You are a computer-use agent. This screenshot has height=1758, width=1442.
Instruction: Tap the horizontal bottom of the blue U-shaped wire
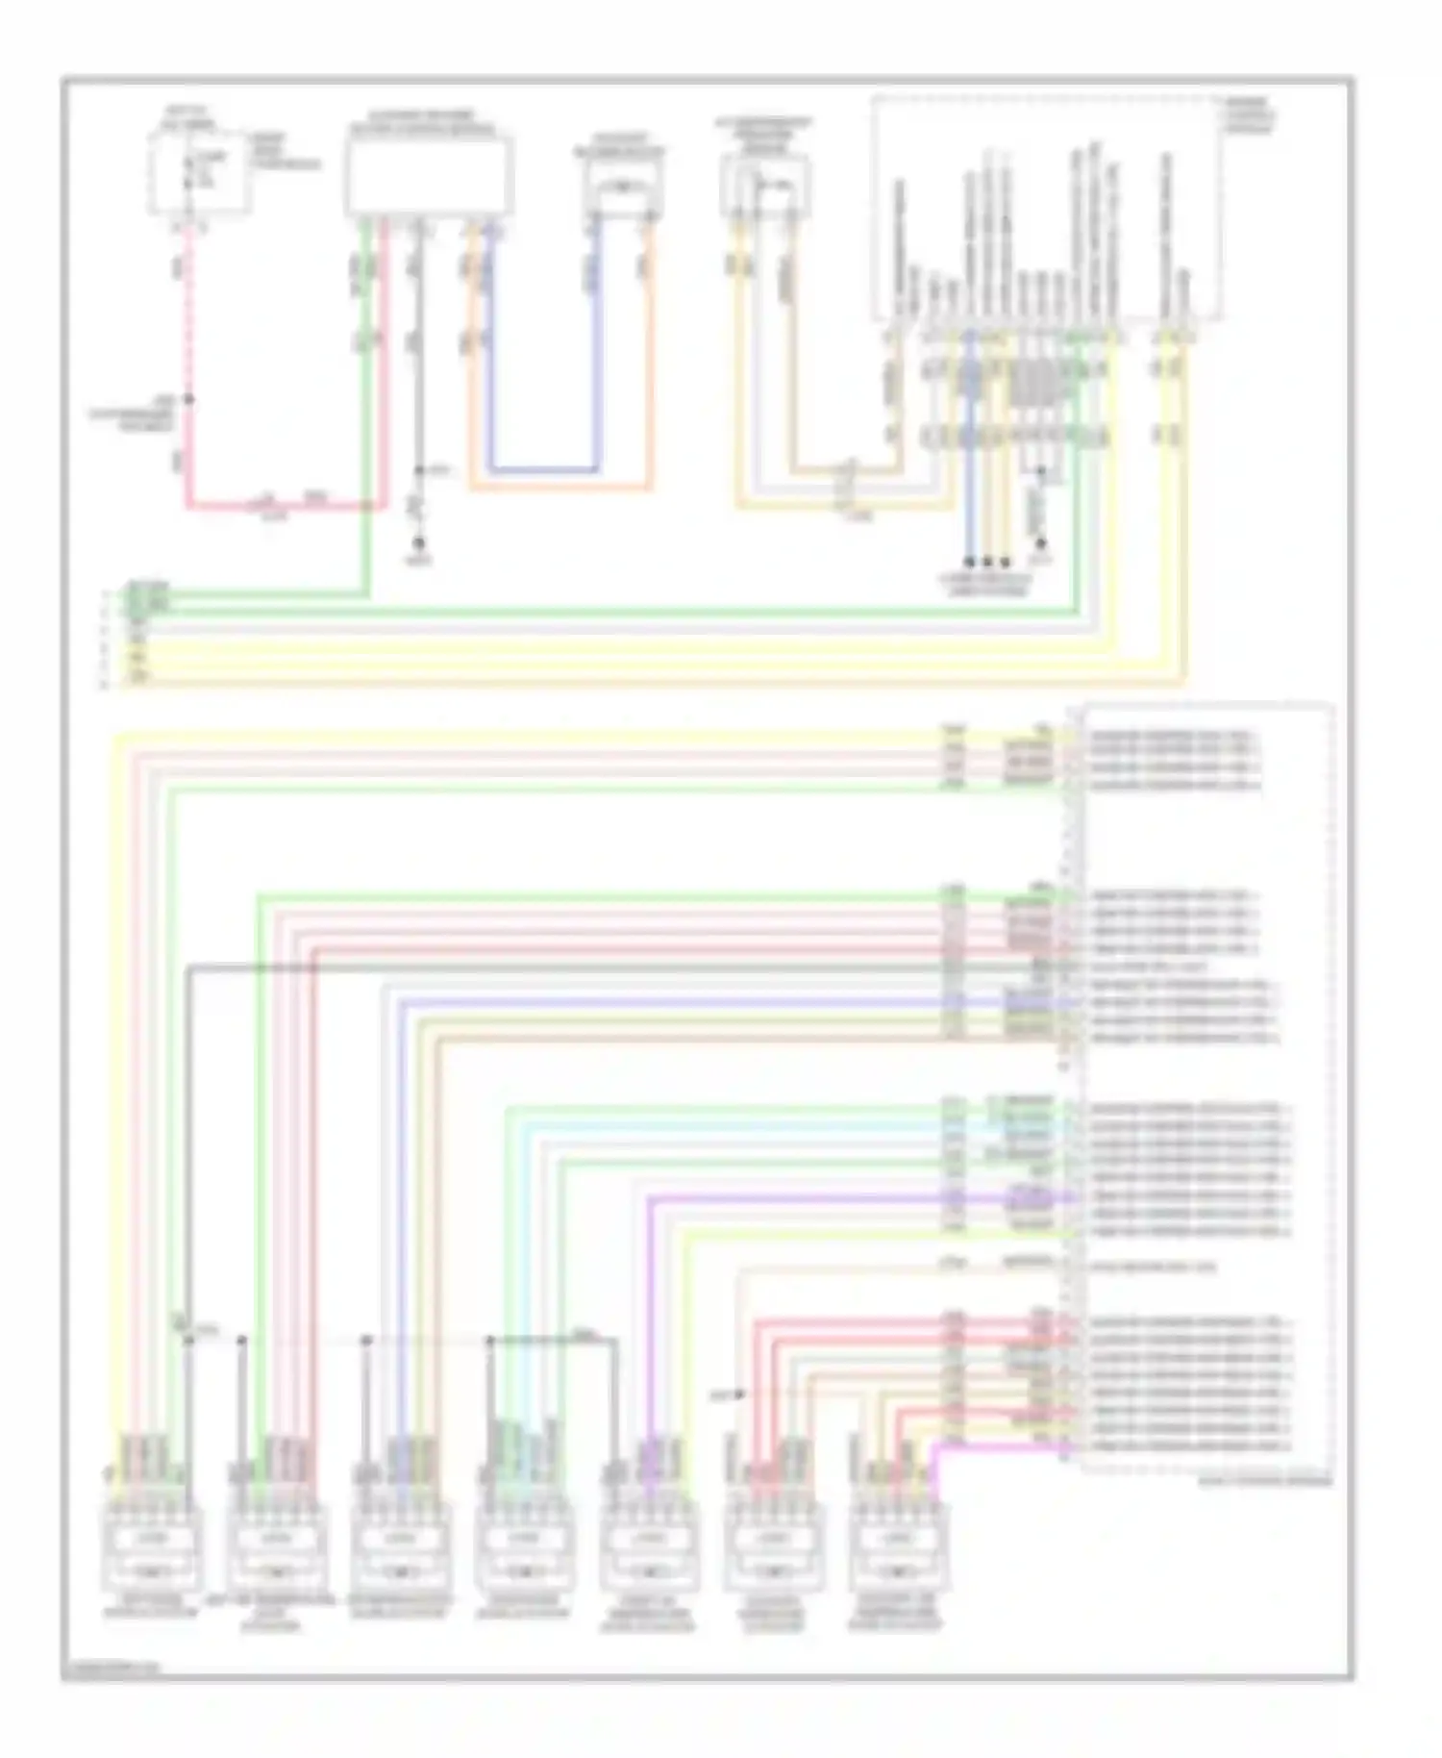coord(543,470)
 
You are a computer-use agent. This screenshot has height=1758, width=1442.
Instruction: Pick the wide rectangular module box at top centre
coord(429,176)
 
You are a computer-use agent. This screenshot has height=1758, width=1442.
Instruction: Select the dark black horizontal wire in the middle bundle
coord(577,967)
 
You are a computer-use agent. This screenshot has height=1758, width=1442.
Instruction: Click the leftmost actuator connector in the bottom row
coord(152,1548)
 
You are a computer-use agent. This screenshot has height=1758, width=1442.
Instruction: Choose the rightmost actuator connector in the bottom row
coord(898,1548)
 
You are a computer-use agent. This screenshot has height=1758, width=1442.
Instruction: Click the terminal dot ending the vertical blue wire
coord(971,562)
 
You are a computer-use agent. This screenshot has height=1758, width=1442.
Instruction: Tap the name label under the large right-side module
coord(1265,1482)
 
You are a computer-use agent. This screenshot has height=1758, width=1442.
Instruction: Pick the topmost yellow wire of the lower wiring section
coord(529,737)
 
